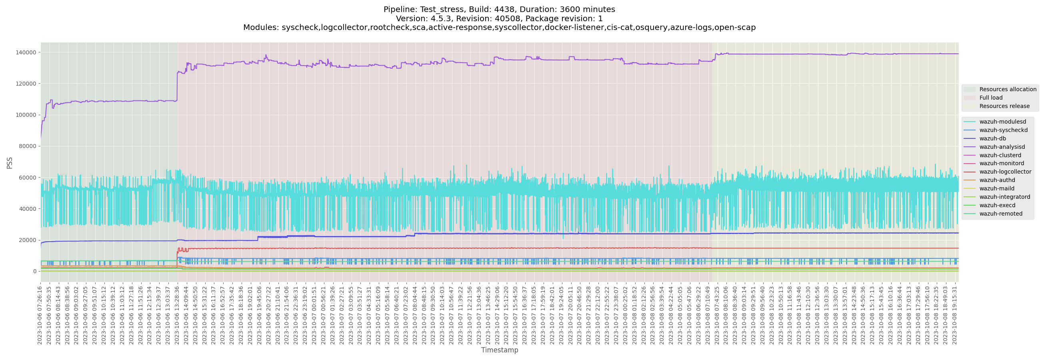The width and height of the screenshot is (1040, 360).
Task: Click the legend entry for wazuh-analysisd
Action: point(1002,147)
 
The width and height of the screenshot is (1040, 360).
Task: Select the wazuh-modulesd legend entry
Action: point(1002,122)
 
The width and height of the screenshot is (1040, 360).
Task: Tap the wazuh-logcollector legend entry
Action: point(1005,172)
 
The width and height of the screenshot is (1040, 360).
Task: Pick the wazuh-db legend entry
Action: point(992,138)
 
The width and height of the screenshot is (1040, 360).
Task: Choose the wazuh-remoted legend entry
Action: point(1000,214)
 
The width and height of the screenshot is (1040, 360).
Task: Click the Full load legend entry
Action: point(991,98)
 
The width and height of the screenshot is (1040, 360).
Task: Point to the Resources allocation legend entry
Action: point(1007,89)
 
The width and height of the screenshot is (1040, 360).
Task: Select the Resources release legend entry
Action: point(1004,106)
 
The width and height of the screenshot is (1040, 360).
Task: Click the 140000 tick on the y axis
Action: point(26,52)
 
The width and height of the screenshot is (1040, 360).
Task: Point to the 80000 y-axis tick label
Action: point(28,146)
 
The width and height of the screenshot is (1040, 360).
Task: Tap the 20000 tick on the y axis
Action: point(28,240)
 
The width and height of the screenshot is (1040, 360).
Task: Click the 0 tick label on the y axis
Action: point(34,271)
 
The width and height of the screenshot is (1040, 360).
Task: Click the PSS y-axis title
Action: point(10,163)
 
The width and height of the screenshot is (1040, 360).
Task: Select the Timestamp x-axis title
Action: point(500,350)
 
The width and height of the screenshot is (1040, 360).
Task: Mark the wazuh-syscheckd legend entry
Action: point(1003,130)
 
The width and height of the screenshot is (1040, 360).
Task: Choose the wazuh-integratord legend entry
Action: point(1004,197)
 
